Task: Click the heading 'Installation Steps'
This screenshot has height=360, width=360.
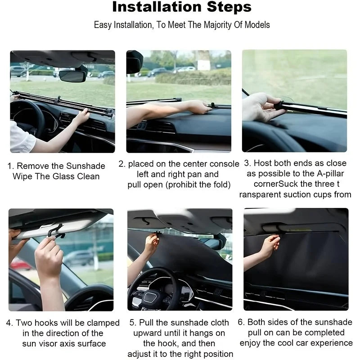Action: point(181,8)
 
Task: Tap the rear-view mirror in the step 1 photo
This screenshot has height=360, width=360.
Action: point(72,76)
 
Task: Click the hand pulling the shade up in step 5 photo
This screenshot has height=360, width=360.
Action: point(151,243)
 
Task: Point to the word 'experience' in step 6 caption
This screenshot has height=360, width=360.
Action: point(331,343)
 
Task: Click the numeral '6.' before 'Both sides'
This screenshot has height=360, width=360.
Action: point(241,323)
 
